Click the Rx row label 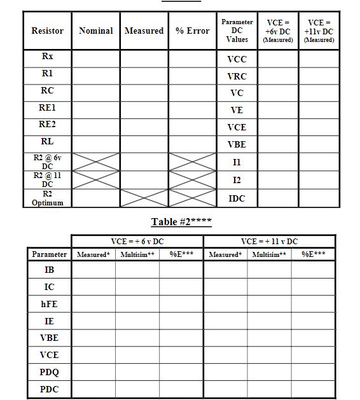pos(47,57)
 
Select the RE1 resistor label pos(47,107)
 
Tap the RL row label pos(47,142)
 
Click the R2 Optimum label pos(47,198)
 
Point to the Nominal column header pos(95,31)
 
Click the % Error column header pos(192,31)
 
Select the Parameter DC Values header pos(237,31)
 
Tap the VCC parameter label pos(237,59)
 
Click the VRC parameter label pos(237,76)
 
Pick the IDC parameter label pos(237,198)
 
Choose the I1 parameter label pos(237,163)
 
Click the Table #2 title pos(181,222)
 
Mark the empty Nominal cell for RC pos(95,90)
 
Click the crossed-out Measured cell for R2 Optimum pos(144,198)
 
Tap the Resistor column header pos(47,31)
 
